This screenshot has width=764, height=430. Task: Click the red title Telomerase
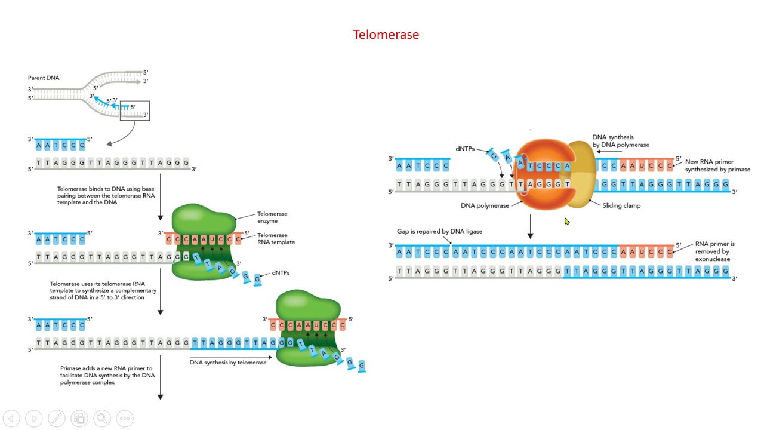coord(386,35)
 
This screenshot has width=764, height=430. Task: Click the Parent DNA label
coord(44,78)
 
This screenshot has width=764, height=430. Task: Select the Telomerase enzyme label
coord(272,217)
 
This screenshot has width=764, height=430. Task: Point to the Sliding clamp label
coord(621,205)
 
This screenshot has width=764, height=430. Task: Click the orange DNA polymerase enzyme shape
coord(543,197)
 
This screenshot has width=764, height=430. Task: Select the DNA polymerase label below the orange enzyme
coord(485,205)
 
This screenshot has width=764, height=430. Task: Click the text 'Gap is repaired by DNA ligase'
coord(439,231)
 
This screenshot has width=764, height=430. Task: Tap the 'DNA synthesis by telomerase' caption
coord(228,362)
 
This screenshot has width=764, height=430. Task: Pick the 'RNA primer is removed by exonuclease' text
coord(714,251)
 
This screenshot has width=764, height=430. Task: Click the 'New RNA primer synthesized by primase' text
coord(717,165)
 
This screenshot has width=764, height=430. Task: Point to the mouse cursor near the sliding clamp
coord(566,222)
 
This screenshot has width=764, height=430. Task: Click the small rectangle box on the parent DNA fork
coord(135,111)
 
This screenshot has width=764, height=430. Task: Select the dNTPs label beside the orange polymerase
coord(465,149)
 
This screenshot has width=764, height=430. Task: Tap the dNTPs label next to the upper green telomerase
coord(280,272)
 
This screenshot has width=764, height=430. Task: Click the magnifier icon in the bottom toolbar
coord(101,419)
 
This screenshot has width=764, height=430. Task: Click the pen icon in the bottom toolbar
coord(57,419)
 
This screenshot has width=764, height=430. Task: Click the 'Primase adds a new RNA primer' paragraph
coord(107,375)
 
